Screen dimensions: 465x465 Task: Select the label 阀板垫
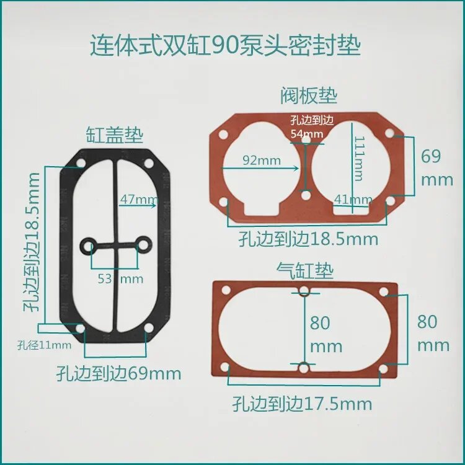click(x=308, y=96)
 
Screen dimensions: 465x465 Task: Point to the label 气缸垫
click(x=305, y=270)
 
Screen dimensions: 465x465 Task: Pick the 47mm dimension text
click(x=138, y=200)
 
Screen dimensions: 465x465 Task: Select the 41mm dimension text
click(x=352, y=200)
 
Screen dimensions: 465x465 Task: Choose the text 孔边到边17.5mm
click(x=303, y=405)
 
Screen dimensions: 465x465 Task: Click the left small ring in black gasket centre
click(x=87, y=246)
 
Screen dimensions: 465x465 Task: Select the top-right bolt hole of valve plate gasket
click(x=389, y=133)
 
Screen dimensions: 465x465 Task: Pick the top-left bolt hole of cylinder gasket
click(x=225, y=290)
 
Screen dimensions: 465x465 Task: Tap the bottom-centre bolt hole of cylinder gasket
click(x=304, y=370)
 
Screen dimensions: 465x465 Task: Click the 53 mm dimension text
click(x=120, y=278)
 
